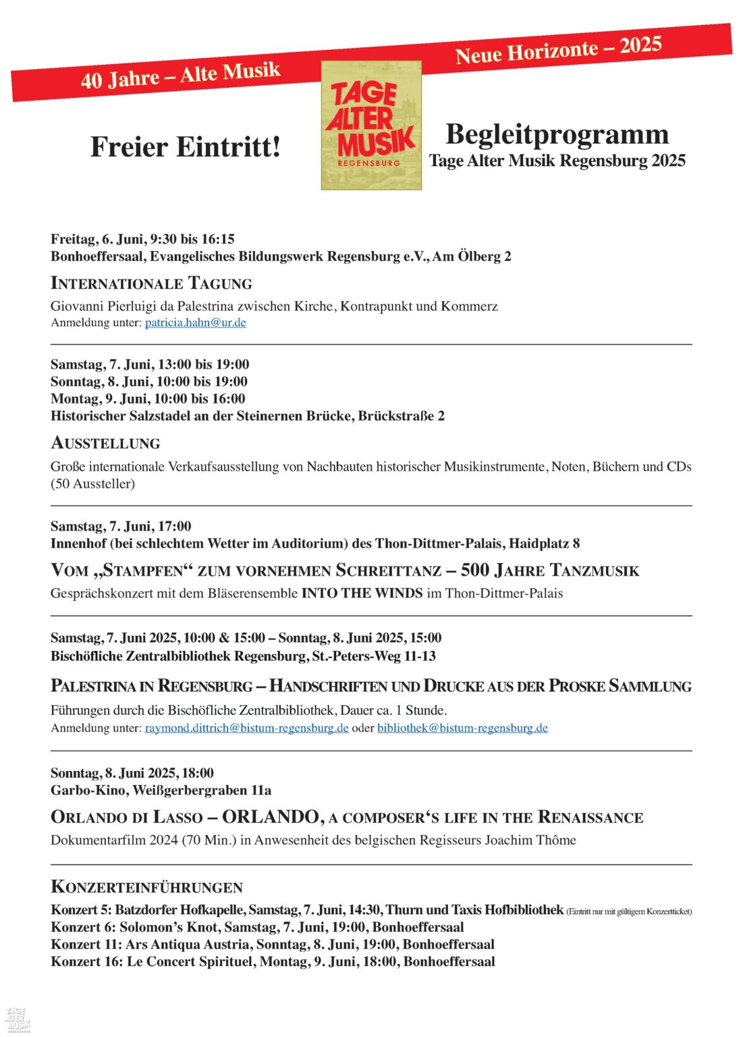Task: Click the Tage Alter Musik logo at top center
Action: click(371, 125)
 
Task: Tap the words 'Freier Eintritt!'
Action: click(185, 147)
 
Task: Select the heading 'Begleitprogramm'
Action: click(557, 134)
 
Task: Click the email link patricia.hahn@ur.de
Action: click(195, 323)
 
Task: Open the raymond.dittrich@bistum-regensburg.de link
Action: click(246, 728)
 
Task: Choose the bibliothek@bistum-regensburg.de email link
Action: click(462, 728)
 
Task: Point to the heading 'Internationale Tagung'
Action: click(151, 284)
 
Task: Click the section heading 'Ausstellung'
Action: click(106, 444)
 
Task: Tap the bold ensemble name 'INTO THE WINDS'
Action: click(362, 593)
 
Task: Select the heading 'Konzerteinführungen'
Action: click(146, 887)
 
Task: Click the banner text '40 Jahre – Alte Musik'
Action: click(180, 75)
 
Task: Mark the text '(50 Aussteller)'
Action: click(92, 484)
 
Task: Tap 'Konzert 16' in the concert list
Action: click(84, 962)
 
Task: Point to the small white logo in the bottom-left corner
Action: click(18, 1019)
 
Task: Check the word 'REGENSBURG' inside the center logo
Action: click(369, 163)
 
